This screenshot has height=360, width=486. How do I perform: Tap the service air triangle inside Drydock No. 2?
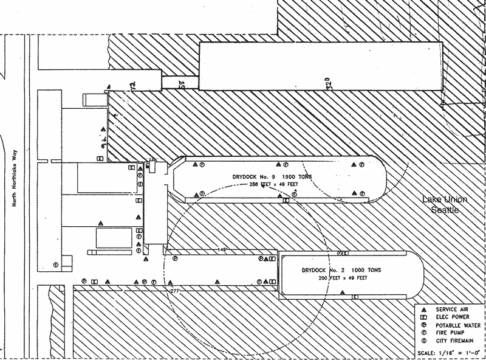click(343, 293)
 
